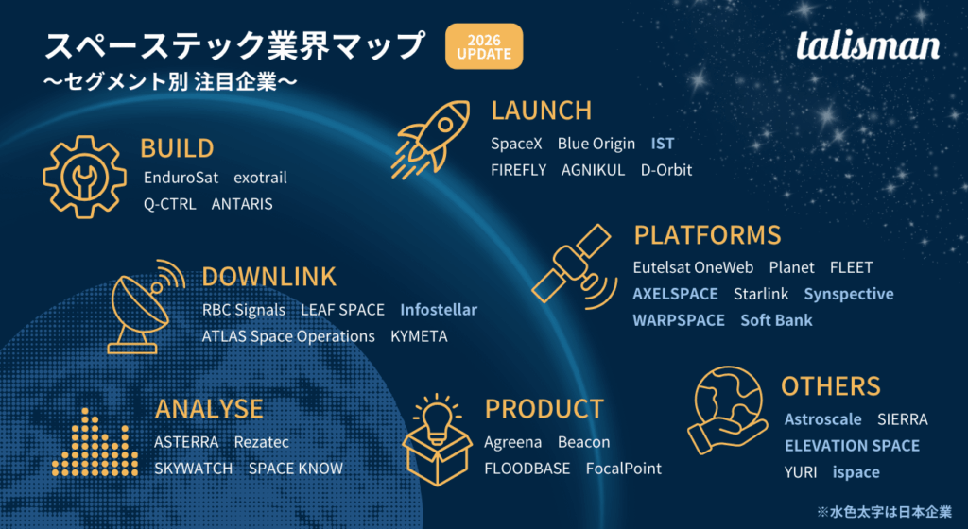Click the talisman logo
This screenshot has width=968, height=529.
[868, 44]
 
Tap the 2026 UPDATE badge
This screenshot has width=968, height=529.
[483, 46]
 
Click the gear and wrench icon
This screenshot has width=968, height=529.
[84, 177]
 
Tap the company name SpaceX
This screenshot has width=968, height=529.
[516, 144]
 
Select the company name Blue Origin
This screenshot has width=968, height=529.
[596, 144]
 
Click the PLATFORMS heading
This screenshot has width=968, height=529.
[707, 234]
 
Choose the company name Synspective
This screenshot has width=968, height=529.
[848, 294]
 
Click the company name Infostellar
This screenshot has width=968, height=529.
[439, 309]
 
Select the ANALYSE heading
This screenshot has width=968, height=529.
[209, 408]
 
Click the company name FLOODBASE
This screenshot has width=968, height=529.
[527, 468]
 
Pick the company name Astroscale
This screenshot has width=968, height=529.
[822, 418]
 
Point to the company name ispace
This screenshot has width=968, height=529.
[856, 471]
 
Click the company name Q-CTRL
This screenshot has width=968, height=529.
[169, 203]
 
